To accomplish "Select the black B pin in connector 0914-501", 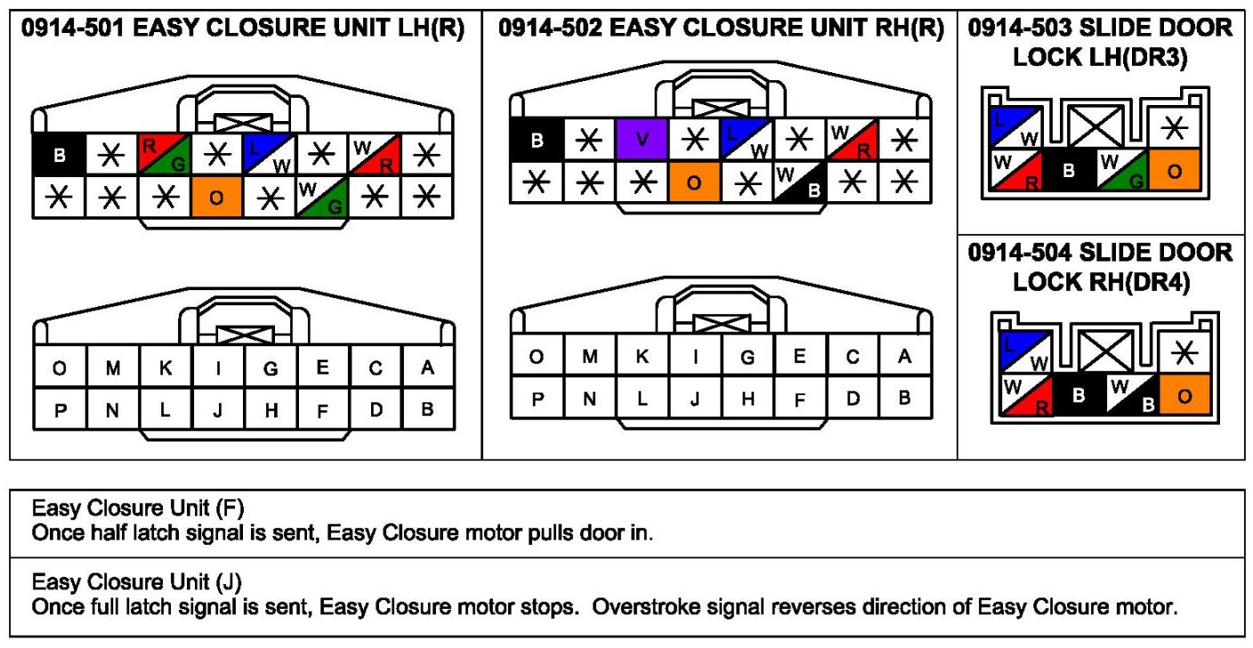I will click(x=59, y=155).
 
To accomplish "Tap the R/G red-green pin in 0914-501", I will click(x=164, y=154).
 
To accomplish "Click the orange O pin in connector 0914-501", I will click(x=216, y=197).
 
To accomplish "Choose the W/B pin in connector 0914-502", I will click(x=799, y=182).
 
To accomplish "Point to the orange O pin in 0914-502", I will click(x=694, y=182).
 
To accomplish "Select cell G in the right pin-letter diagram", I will click(x=748, y=357).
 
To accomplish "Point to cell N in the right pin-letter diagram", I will click(x=589, y=398).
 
